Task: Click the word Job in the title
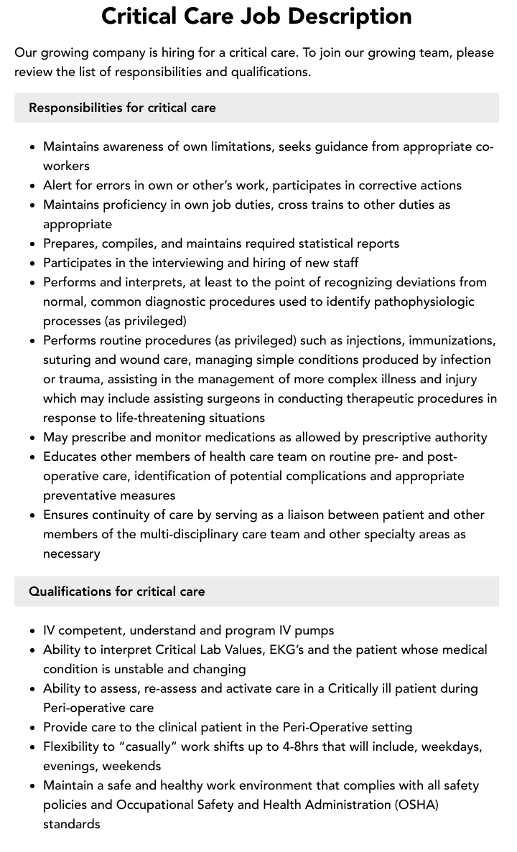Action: tap(286, 16)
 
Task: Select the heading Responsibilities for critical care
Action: tap(122, 108)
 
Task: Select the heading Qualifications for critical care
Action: tap(117, 591)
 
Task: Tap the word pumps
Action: tap(315, 630)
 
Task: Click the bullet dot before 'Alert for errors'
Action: tap(33, 186)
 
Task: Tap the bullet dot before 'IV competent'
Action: tap(33, 631)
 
